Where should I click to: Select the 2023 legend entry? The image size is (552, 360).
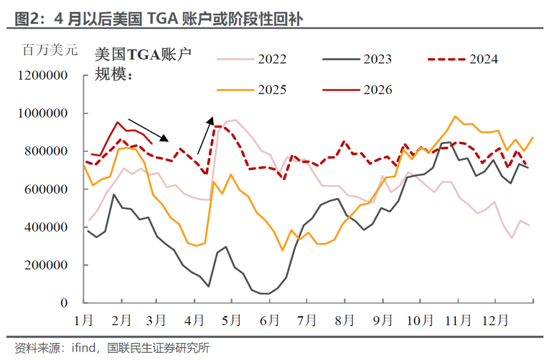357,59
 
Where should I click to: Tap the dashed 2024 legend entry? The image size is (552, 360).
463,59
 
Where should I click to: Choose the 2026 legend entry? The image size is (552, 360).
357,90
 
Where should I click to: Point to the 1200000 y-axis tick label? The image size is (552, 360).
43,76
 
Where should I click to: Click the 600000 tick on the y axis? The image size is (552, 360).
47,189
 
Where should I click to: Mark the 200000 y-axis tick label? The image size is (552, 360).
47,265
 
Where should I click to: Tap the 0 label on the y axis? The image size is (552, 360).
64,303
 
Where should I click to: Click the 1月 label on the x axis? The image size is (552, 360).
84,321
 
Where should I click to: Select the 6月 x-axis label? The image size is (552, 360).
270,321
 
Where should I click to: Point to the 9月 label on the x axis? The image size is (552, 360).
383,321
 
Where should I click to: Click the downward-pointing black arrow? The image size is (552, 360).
148,130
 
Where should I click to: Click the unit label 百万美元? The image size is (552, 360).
50,51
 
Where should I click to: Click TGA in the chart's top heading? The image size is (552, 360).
166,19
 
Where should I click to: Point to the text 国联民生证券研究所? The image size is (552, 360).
158,349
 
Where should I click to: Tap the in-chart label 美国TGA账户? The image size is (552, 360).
144,54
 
